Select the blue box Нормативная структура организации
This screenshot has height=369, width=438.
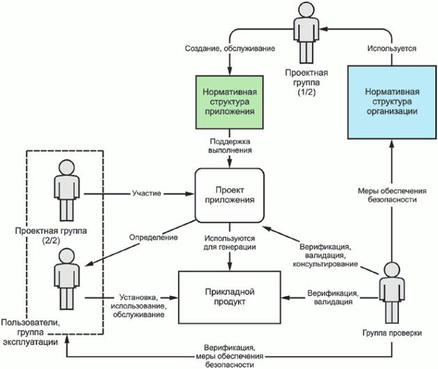[x=392, y=102]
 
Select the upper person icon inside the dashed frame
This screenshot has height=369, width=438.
[x=65, y=189]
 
